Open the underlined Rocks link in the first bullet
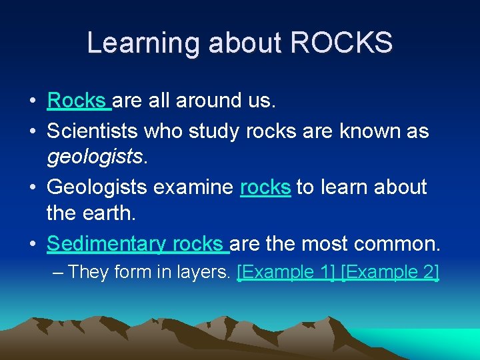click(77, 101)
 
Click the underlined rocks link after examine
click(265, 187)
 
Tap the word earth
click(107, 213)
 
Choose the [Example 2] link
click(390, 272)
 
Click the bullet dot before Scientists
click(32, 131)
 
